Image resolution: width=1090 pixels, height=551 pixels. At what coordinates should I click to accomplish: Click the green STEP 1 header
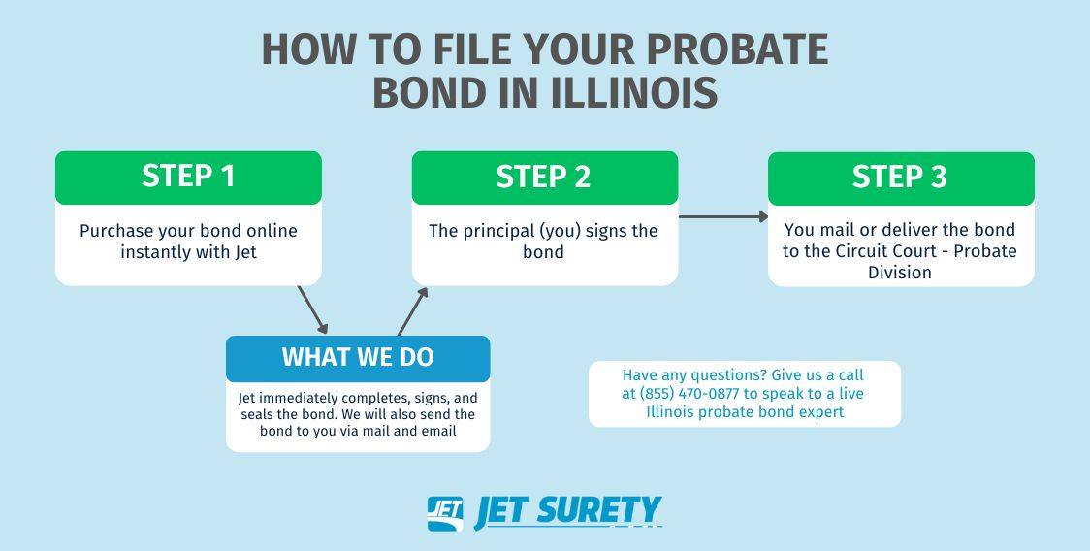(x=188, y=178)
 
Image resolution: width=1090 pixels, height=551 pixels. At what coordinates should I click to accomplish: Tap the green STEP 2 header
(x=544, y=178)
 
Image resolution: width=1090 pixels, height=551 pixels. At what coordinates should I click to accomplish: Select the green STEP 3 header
(x=901, y=178)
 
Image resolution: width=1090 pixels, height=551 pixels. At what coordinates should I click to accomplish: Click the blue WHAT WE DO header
(x=358, y=358)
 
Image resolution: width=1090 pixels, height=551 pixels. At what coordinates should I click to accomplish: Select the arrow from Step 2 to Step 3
(x=723, y=216)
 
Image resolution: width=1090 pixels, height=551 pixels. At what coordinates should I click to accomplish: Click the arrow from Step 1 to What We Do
(x=312, y=309)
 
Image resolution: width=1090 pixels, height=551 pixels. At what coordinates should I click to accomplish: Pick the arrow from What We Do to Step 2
(x=412, y=311)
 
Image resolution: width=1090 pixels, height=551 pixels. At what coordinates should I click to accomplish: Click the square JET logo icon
(x=445, y=513)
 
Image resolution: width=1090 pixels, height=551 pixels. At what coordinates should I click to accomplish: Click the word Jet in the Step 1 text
(x=245, y=251)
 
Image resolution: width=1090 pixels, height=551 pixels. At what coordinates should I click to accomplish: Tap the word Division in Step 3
(x=900, y=272)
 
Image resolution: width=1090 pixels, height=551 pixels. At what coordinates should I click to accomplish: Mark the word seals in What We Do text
(x=256, y=414)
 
